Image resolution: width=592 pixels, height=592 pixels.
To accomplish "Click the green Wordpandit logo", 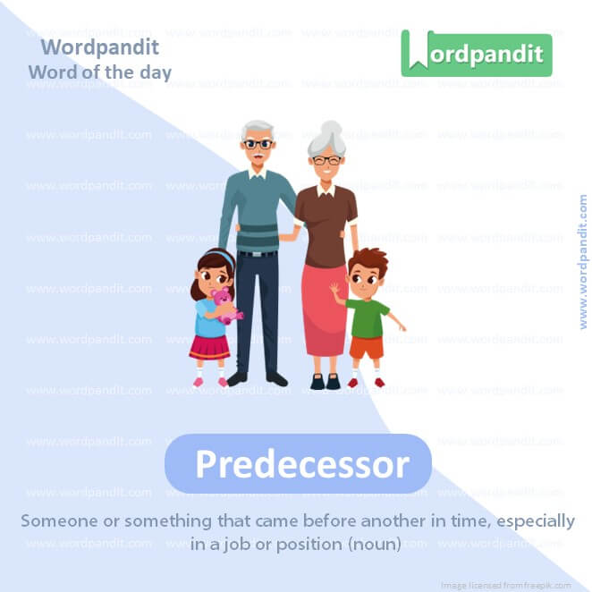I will click(476, 54).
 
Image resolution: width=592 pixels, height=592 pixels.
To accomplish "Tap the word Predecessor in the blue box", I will click(301, 464).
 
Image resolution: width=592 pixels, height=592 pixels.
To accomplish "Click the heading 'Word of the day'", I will click(99, 72).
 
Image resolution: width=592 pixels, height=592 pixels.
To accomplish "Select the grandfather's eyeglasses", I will click(258, 143).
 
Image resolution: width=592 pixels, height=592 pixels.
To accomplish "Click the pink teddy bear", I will click(223, 304).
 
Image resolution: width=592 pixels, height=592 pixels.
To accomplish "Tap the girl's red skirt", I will click(209, 345).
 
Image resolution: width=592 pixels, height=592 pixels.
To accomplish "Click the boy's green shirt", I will click(368, 317).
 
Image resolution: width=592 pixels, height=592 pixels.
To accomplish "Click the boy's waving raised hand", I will click(335, 290).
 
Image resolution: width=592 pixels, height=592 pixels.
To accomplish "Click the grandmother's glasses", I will click(326, 160).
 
